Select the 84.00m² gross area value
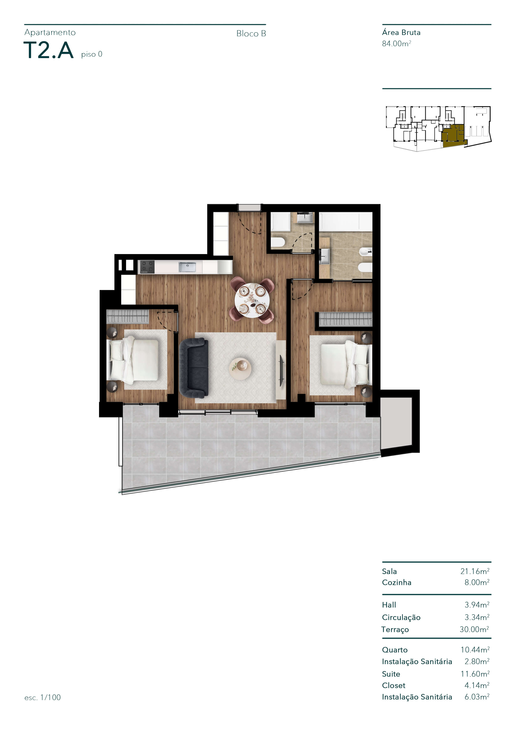(396, 43)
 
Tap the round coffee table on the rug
(240, 369)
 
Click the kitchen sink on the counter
(187, 267)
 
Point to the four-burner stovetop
(147, 267)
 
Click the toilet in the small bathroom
(278, 243)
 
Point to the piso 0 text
(92, 54)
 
